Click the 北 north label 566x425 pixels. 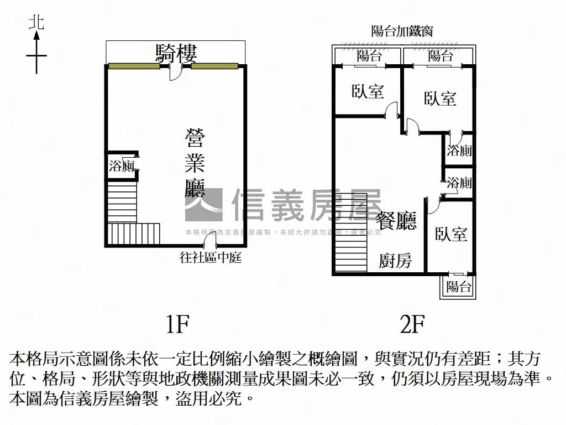pyautogui.click(x=36, y=22)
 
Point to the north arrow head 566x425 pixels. pyautogui.click(x=36, y=35)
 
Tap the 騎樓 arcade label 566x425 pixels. pyautogui.click(x=176, y=54)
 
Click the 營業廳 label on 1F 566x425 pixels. pyautogui.click(x=195, y=163)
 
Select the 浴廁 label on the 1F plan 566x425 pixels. pyautogui.click(x=122, y=166)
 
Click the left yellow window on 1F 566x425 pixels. pyautogui.click(x=134, y=66)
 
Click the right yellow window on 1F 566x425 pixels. pyautogui.click(x=214, y=66)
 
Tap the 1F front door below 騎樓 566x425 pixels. pyautogui.click(x=175, y=72)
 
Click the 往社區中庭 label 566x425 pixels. pyautogui.click(x=211, y=258)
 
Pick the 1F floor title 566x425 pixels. pyautogui.click(x=177, y=324)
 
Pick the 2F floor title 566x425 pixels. pyautogui.click(x=412, y=324)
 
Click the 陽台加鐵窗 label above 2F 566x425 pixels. pyautogui.click(x=402, y=31)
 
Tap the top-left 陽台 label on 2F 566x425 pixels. pyautogui.click(x=369, y=56)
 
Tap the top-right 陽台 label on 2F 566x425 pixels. pyautogui.click(x=441, y=56)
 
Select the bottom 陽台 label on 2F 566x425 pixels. pyautogui.click(x=458, y=287)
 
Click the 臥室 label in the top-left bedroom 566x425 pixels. pyautogui.click(x=368, y=91)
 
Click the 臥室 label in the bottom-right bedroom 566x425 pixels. pyautogui.click(x=451, y=234)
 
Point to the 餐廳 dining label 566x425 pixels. pyautogui.click(x=396, y=220)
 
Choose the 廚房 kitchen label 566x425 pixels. pyautogui.click(x=395, y=260)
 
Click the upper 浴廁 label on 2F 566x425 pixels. pyautogui.click(x=459, y=150)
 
